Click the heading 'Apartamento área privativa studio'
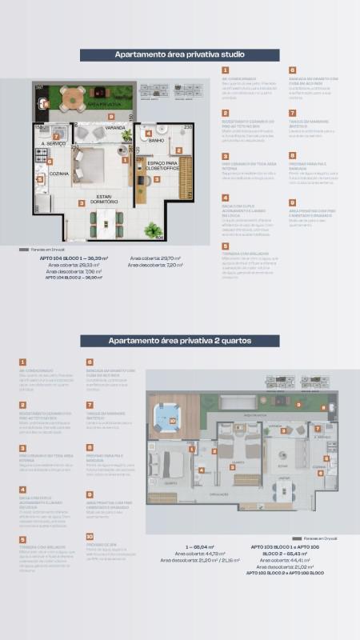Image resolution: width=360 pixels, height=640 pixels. click(179, 54)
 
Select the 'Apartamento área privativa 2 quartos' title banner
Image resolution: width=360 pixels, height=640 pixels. click(179, 340)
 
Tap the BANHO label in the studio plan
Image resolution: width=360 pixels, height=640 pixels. click(156, 142)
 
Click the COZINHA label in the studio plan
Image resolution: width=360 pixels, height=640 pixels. click(58, 173)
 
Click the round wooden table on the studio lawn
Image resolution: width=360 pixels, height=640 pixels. click(74, 97)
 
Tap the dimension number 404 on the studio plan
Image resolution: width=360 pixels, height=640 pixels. click(158, 237)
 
